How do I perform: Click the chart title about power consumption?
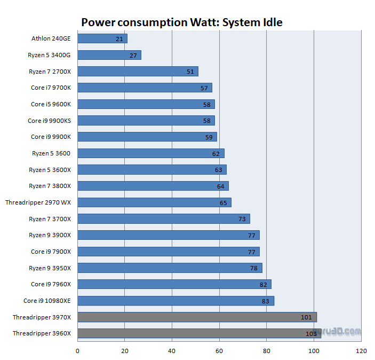pyautogui.click(x=181, y=22)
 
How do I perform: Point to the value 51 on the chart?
pyautogui.click(x=190, y=72)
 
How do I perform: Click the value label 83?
pyautogui.click(x=266, y=301)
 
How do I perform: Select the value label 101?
pyautogui.click(x=306, y=317)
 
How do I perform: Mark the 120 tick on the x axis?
pyautogui.click(x=361, y=351)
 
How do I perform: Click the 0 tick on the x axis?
pyautogui.click(x=77, y=351)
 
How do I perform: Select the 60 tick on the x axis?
pyautogui.click(x=219, y=351)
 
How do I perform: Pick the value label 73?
pyautogui.click(x=242, y=219)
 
